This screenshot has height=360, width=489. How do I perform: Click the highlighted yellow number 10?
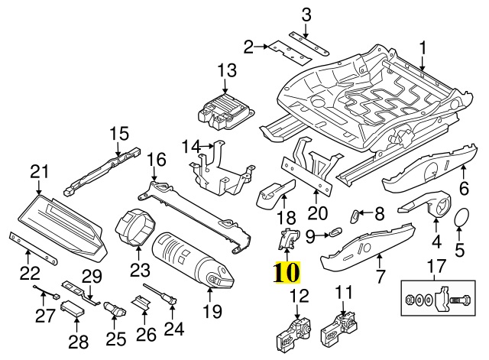point(283,271)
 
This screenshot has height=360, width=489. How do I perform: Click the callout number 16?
point(156,160)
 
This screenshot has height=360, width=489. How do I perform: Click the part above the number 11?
point(340,329)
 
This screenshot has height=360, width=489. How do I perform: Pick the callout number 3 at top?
point(306,14)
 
